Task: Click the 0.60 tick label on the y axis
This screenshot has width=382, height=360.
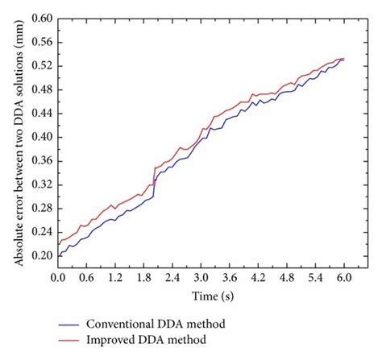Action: pyautogui.click(x=40, y=18)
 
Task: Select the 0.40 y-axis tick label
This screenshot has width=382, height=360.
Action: pyautogui.click(x=40, y=137)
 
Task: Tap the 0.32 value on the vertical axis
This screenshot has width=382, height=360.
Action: pyautogui.click(x=40, y=184)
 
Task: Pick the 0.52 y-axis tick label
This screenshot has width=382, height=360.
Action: pyautogui.click(x=40, y=65)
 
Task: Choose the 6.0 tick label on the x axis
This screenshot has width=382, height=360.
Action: pyautogui.click(x=344, y=276)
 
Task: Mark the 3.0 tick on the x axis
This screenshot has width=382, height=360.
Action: pyautogui.click(x=201, y=276)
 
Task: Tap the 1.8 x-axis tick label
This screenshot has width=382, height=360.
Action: pyautogui.click(x=143, y=276)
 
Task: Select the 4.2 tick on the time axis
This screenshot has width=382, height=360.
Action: pyautogui.click(x=258, y=276)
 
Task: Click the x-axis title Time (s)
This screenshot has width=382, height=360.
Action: pyautogui.click(x=201, y=296)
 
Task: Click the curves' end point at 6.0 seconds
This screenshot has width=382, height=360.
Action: pyautogui.click(x=344, y=59)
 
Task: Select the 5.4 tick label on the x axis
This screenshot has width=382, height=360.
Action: pyautogui.click(x=315, y=276)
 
